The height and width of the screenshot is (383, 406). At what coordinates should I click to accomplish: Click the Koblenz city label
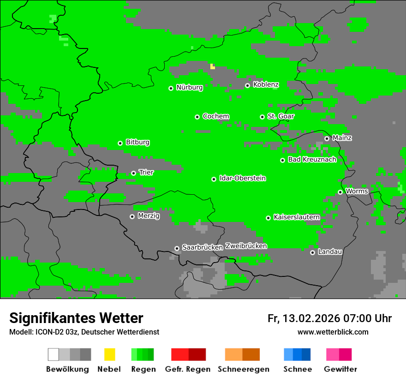[x=266, y=84]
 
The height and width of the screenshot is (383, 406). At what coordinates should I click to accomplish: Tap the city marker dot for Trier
[x=133, y=173]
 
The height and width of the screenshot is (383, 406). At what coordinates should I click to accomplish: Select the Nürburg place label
[x=189, y=87]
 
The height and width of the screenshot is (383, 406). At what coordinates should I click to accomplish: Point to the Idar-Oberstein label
[x=242, y=178]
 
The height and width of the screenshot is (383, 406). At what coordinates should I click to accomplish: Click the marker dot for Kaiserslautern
[x=268, y=218]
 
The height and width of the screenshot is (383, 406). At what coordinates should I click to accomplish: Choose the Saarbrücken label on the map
[x=202, y=247]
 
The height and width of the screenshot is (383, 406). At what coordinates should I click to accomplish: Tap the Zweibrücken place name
[x=246, y=246]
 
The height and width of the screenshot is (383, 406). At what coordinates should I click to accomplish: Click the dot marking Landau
[x=312, y=252]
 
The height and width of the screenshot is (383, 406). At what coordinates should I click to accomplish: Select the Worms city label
[x=357, y=191]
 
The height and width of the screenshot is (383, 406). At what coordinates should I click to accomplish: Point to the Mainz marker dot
[x=327, y=138]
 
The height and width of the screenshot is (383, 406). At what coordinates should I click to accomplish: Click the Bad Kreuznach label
[x=312, y=159]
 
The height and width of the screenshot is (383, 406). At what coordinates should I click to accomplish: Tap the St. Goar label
[x=281, y=116]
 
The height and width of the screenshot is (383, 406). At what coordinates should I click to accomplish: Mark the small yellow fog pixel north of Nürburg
[x=212, y=66]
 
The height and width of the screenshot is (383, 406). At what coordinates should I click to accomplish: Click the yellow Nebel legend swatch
[x=109, y=354]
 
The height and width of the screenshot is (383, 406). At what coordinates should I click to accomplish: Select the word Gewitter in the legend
[x=340, y=369]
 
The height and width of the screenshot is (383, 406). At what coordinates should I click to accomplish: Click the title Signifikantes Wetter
[x=76, y=318]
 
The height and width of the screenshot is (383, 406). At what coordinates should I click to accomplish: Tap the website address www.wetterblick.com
[x=333, y=332]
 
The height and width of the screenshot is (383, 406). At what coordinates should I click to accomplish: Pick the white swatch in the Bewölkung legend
[x=53, y=354]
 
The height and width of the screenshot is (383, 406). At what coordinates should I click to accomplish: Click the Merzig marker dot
[x=132, y=216]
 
